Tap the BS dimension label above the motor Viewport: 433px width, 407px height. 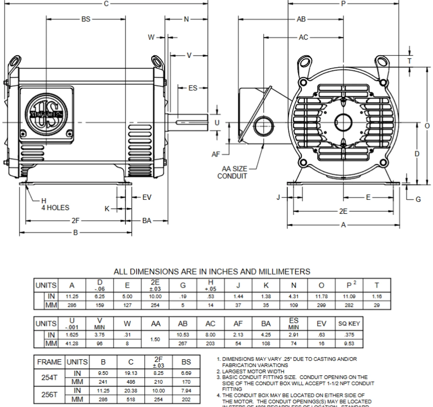click(86, 19)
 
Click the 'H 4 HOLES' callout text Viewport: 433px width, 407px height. click(55, 205)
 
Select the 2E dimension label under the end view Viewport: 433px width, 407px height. click(343, 211)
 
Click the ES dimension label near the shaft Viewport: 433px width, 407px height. click(192, 88)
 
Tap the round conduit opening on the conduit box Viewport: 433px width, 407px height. click(263, 126)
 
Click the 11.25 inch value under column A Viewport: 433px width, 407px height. click(72, 296)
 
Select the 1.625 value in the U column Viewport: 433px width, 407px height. click(72, 335)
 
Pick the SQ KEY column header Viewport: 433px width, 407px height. click(349, 324)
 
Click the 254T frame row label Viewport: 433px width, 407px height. click(49, 378)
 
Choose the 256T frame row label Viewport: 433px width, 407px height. click(49, 395)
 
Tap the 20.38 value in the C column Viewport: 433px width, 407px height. click(131, 391)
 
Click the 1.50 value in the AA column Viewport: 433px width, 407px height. click(155, 339)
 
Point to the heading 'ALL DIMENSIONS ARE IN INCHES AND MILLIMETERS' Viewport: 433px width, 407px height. click(212, 272)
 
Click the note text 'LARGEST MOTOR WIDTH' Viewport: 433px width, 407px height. click(253, 371)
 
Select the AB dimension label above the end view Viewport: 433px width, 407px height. click(301, 19)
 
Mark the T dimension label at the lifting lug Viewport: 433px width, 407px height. click(410, 61)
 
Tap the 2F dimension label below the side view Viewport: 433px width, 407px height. click(75, 221)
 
